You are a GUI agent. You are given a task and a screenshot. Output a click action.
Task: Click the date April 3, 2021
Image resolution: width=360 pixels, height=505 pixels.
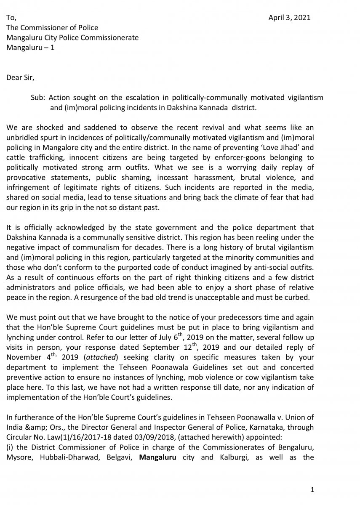click(x=290, y=18)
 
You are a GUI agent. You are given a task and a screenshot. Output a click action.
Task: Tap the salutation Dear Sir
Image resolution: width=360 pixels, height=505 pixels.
click(x=20, y=78)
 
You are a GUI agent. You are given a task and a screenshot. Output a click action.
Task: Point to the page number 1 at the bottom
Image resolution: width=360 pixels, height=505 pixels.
click(x=312, y=489)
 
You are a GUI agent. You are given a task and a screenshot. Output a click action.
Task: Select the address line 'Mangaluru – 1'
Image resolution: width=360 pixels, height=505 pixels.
click(x=30, y=48)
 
